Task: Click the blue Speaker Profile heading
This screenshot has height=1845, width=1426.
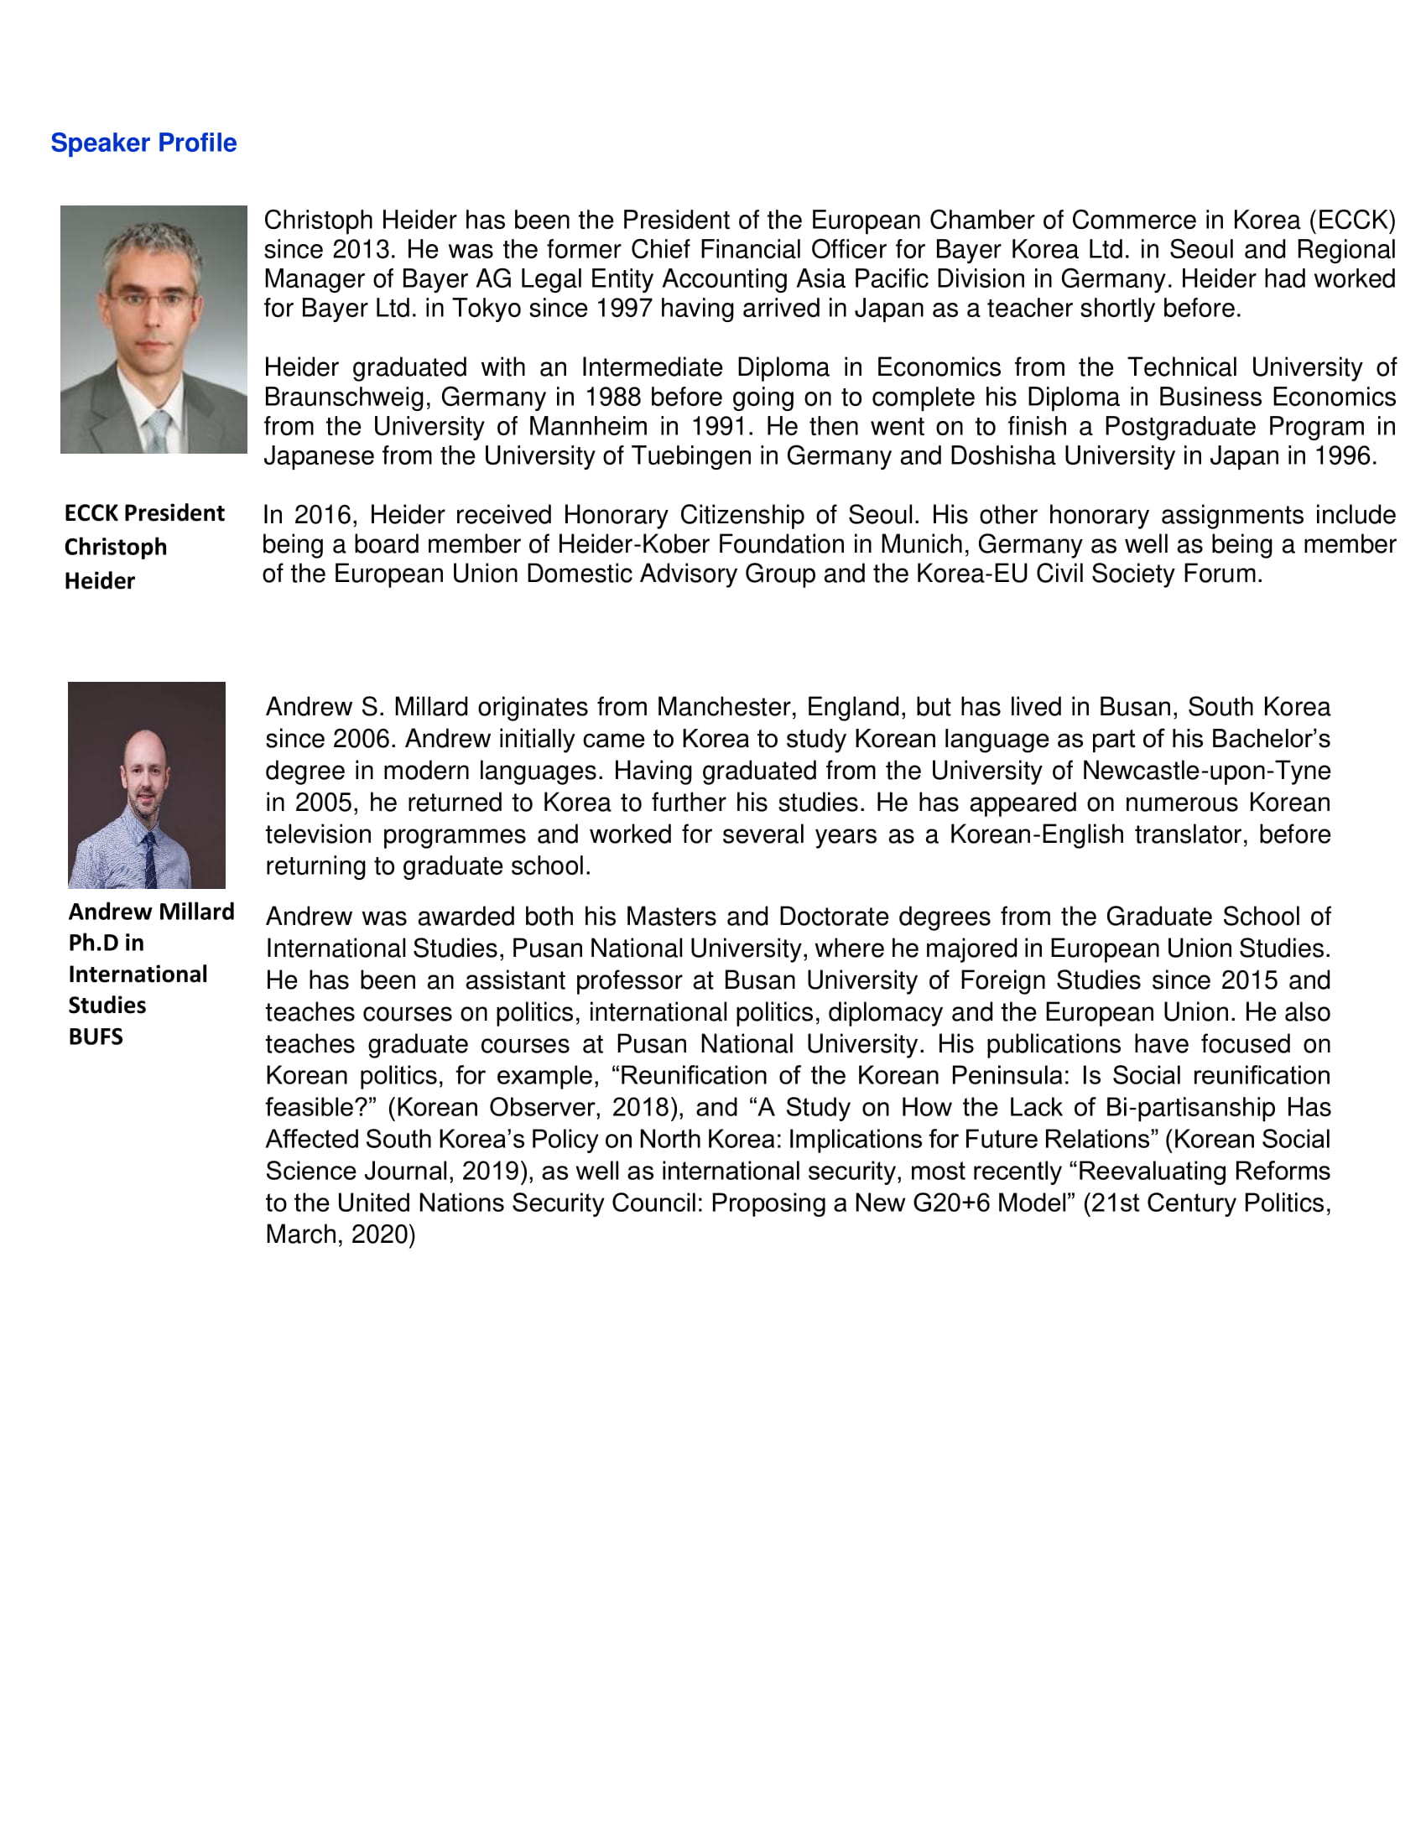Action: [143, 143]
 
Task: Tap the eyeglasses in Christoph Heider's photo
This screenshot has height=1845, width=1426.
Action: [153, 299]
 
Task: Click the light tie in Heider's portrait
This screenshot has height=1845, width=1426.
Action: [158, 431]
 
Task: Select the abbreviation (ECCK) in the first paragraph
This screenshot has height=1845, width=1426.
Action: [1351, 221]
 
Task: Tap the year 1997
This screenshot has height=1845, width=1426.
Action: [624, 309]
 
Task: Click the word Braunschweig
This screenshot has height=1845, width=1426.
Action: [345, 398]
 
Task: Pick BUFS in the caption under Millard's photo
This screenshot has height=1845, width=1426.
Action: [96, 1037]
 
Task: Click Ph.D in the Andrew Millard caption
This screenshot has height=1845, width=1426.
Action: [94, 943]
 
